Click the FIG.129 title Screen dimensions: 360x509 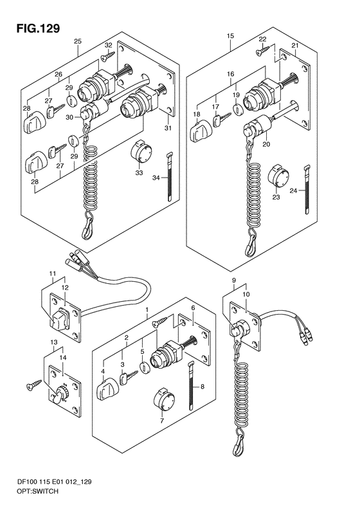[x=39, y=28]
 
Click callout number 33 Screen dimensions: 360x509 [x=139, y=173]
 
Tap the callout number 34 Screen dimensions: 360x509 [x=156, y=178]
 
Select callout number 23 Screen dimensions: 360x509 [x=276, y=197]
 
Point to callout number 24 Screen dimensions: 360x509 [x=293, y=190]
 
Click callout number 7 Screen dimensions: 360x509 [x=162, y=421]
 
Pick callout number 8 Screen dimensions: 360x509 [x=203, y=386]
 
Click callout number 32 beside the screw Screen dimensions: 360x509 [x=108, y=45]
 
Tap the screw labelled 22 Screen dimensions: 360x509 [x=262, y=50]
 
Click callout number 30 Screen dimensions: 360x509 [x=69, y=118]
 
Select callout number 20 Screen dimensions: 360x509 [x=266, y=144]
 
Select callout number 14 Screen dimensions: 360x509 [x=63, y=357]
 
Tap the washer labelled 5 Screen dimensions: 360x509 [x=144, y=367]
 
